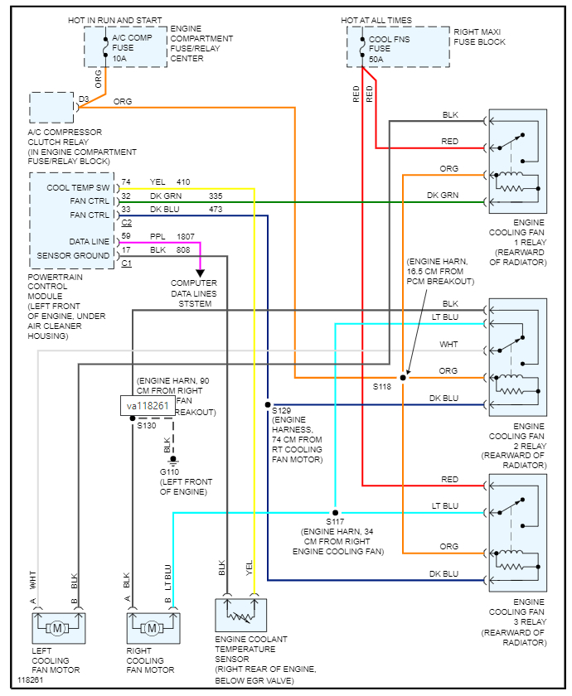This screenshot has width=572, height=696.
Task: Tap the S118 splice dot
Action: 403,377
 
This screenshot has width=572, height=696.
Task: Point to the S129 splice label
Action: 283,411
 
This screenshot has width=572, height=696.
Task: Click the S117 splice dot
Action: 335,512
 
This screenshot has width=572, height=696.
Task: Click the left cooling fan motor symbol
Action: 58,626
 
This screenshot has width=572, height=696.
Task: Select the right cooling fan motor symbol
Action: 152,626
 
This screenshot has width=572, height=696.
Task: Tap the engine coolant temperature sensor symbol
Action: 240,615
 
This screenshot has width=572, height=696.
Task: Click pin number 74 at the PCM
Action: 126,182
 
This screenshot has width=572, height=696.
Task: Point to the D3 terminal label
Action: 83,99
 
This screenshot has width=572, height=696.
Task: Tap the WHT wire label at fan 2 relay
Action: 449,344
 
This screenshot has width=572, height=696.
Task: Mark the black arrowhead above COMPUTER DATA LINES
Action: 201,271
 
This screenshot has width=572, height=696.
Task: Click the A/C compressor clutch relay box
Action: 51,109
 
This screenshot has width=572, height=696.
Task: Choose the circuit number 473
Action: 216,209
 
